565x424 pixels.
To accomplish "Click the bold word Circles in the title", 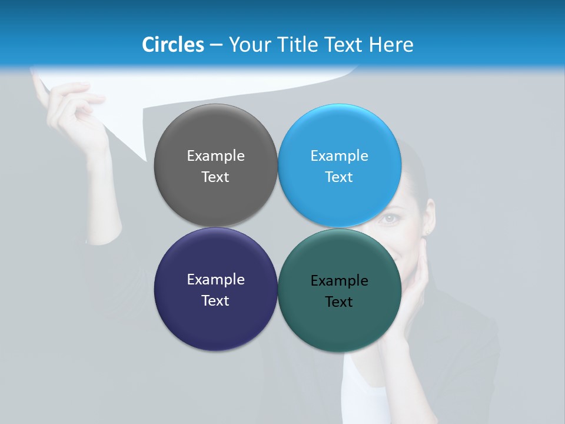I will [173, 45].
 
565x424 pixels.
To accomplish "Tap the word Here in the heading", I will [391, 45].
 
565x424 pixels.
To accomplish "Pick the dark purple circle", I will [215, 321].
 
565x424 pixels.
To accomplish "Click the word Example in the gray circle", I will [215, 156].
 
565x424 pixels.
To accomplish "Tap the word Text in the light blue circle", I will [339, 177].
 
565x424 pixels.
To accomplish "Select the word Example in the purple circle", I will [215, 280].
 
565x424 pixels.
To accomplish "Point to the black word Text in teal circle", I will [339, 302].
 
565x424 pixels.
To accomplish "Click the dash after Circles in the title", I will [216, 45].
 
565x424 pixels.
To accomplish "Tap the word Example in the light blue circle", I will [339, 156].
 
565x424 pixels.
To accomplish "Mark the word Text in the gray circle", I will [215, 177].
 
